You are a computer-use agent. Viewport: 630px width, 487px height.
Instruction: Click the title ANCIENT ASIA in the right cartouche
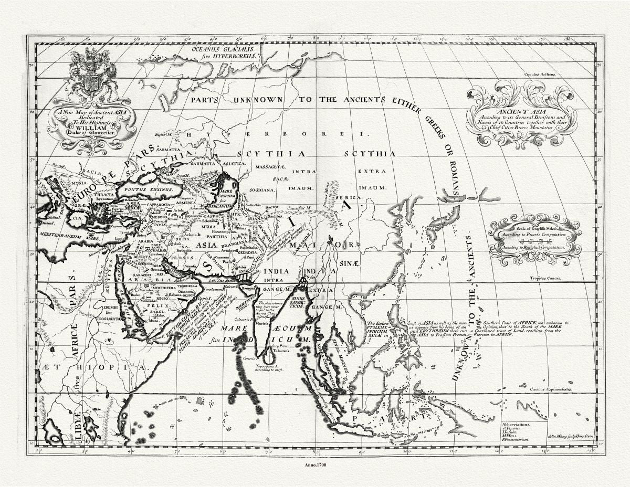[521, 112]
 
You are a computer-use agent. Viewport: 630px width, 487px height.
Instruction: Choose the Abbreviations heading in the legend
[516, 423]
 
